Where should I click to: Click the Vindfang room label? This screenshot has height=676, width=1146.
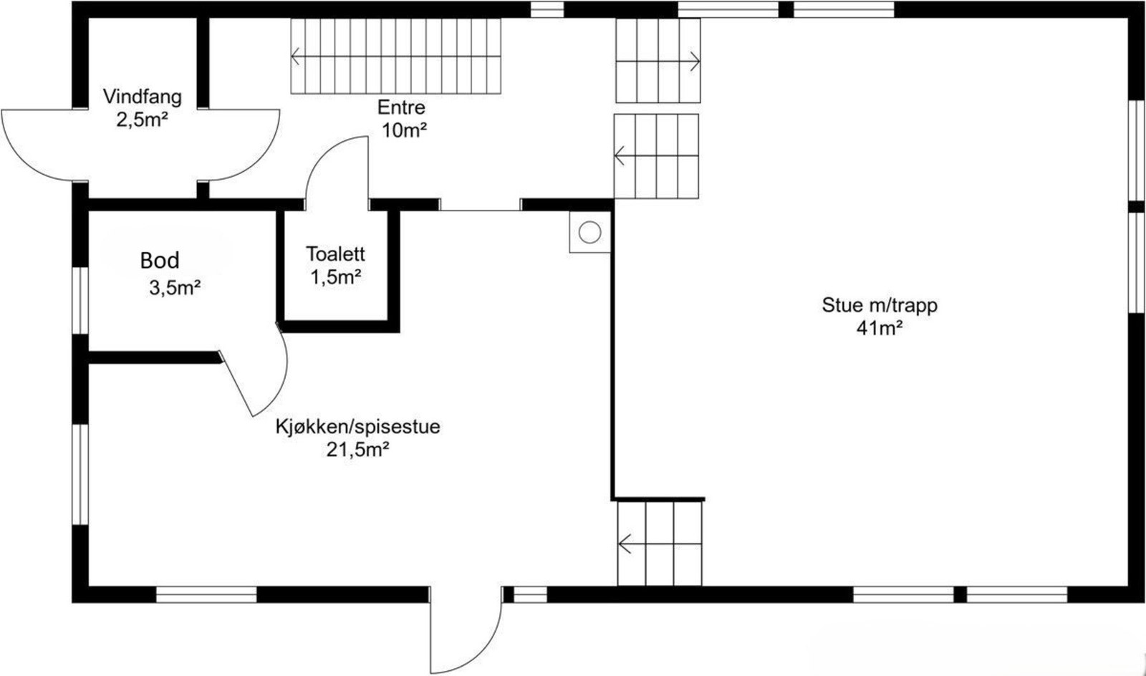142,97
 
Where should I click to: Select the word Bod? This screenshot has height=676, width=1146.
160,261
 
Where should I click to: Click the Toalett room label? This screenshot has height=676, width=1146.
335,253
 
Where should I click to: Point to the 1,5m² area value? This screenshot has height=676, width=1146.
335,276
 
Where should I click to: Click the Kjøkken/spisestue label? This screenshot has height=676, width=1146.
357,427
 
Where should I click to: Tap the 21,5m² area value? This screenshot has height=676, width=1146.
357,450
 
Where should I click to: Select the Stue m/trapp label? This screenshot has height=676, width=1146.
879,305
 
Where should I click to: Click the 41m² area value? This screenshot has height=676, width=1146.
879,328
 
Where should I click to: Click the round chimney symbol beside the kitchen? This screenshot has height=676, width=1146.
589,231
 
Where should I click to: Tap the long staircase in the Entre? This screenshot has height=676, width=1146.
395,56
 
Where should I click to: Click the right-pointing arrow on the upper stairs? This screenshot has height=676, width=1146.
693,60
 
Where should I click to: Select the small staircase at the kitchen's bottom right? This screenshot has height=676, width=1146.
660,543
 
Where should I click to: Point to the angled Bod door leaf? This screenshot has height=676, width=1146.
238,384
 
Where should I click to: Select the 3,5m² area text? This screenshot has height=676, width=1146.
174,288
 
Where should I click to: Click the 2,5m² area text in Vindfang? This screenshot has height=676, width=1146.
142,119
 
